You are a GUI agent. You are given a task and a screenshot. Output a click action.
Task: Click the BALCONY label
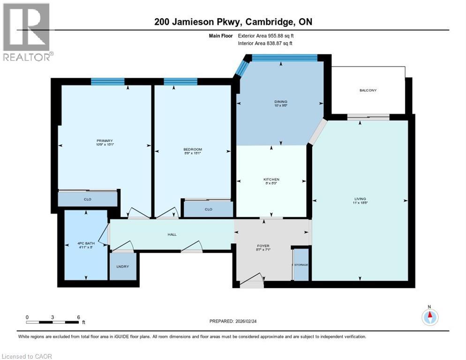(x=368, y=90)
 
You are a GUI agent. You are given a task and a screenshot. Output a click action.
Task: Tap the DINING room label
(x=281, y=102)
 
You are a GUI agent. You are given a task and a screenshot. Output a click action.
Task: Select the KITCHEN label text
(x=271, y=180)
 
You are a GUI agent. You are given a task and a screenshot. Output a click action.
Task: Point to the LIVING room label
(x=360, y=199)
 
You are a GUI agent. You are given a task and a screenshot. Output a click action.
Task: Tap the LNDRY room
(x=123, y=267)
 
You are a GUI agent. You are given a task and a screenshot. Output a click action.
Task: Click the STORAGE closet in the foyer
(x=301, y=265)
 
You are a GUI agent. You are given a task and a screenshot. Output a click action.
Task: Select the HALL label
(x=172, y=234)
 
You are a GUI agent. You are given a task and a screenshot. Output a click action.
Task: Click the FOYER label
(x=263, y=246)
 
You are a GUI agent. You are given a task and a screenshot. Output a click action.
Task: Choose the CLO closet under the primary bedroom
(x=87, y=200)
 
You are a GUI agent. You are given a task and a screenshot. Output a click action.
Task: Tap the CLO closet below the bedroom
(x=208, y=210)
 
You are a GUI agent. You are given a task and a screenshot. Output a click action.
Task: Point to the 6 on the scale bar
(x=78, y=317)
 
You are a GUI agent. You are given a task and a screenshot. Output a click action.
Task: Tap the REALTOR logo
(x=27, y=32)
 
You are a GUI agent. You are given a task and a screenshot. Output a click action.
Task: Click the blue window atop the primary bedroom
(x=108, y=82)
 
